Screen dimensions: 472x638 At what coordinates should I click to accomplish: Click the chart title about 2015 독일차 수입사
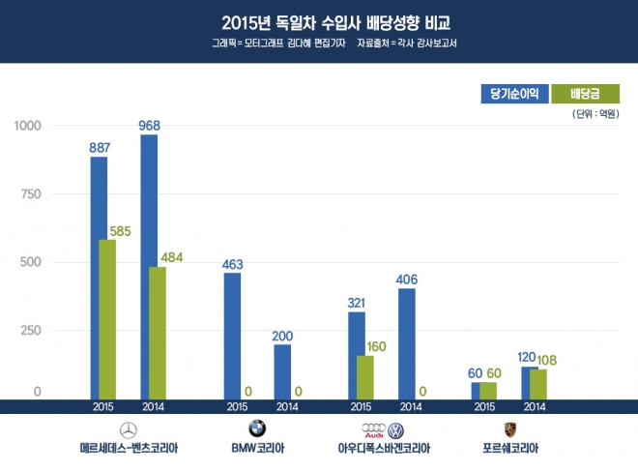pos(319,21)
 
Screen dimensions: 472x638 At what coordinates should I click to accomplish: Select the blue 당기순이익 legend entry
pos(514,93)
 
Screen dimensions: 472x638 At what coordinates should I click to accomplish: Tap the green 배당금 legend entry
pos(583,93)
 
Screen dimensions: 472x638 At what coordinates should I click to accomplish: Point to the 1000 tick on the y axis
pos(27,126)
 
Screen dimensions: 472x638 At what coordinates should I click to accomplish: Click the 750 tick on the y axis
pos(31,193)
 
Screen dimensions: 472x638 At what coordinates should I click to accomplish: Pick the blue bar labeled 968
pos(148,266)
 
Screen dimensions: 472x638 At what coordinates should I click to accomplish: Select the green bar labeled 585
pos(107,319)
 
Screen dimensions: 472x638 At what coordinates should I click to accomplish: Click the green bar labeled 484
pos(158,333)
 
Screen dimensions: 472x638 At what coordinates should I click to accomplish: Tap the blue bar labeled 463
pos(232,335)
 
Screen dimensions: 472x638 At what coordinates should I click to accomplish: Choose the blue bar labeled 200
pos(282,370)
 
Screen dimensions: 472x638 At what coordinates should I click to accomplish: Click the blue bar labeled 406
pos(407,342)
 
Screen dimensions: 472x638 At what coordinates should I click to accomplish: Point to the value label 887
pos(99,147)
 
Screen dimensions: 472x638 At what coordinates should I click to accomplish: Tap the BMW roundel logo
pos(256,428)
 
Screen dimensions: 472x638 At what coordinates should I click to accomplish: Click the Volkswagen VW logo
pos(395,428)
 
